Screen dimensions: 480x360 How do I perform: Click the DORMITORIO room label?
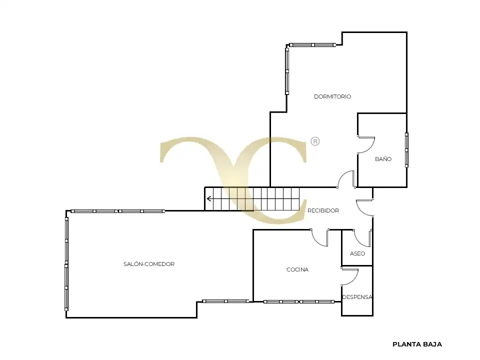332,96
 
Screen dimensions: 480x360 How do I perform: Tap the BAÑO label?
383,159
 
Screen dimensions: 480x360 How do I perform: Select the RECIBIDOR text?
323,210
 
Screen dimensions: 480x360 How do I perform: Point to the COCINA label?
297,269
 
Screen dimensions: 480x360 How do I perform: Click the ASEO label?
357,253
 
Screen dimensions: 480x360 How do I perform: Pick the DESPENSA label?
357,297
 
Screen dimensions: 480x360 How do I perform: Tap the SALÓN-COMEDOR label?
149,264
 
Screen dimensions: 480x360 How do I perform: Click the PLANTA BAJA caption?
417,344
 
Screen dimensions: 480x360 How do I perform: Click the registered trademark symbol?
315,141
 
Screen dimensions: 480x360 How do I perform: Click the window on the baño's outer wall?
407,150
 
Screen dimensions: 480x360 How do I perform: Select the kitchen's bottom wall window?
299,302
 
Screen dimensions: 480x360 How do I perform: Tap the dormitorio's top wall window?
312,45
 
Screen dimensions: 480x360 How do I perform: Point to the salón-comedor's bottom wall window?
225,301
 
